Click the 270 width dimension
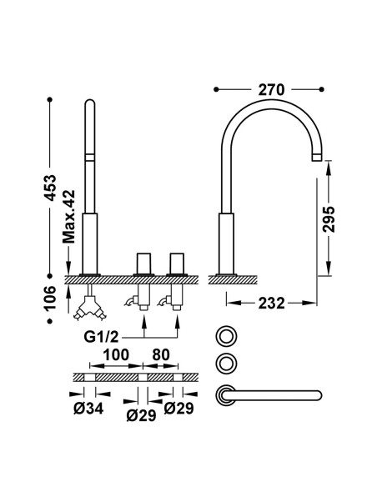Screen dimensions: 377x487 (x=271, y=90)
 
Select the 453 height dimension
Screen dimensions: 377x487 (x=50, y=188)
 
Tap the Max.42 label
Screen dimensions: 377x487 (x=68, y=217)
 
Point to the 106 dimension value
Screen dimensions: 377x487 (x=50, y=298)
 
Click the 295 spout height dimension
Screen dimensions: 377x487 (x=329, y=218)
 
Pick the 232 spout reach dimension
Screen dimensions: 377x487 (x=271, y=304)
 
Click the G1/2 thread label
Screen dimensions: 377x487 (x=101, y=337)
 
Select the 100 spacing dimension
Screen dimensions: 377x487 (x=116, y=354)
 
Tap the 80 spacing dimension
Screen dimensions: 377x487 (x=161, y=354)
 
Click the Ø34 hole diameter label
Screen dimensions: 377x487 (x=88, y=409)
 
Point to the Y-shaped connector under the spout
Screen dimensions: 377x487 (x=89, y=307)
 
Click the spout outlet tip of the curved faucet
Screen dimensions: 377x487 (x=316, y=157)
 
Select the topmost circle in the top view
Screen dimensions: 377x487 (x=226, y=336)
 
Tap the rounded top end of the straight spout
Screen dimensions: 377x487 (x=90, y=103)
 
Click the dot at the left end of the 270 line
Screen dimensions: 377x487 (x=216, y=89)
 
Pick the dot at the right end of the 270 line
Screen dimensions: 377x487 (x=321, y=89)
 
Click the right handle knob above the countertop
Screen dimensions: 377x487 (x=177, y=264)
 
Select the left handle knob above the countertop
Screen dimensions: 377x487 (x=143, y=264)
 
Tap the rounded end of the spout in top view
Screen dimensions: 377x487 (x=318, y=395)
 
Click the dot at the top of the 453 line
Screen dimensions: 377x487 (x=50, y=100)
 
